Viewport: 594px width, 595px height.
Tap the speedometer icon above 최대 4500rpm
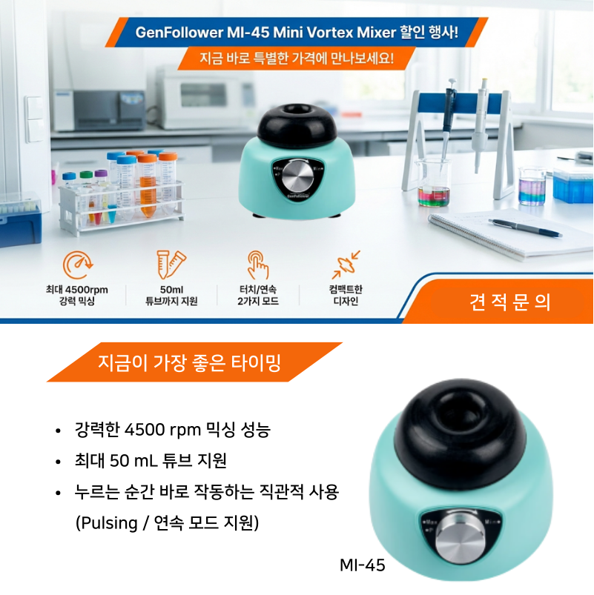[78, 265]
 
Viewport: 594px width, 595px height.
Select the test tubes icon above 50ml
[171, 264]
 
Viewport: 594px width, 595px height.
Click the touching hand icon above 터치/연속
[258, 265]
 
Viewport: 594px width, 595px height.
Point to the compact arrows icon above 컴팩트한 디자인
[346, 265]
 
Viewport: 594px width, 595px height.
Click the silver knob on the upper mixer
[298, 176]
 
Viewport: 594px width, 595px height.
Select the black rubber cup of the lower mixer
[460, 432]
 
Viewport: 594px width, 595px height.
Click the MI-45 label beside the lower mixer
[363, 565]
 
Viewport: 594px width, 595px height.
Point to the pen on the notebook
[525, 227]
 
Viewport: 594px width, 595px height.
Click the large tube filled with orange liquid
[147, 185]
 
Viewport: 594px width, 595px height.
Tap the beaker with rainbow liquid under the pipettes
[433, 183]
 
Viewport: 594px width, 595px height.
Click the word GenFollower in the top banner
[179, 33]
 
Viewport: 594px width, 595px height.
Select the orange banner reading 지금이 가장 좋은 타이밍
[194, 362]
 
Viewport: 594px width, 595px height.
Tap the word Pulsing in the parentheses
[109, 523]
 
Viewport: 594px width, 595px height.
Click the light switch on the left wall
[35, 119]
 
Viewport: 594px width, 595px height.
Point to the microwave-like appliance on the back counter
[204, 96]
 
